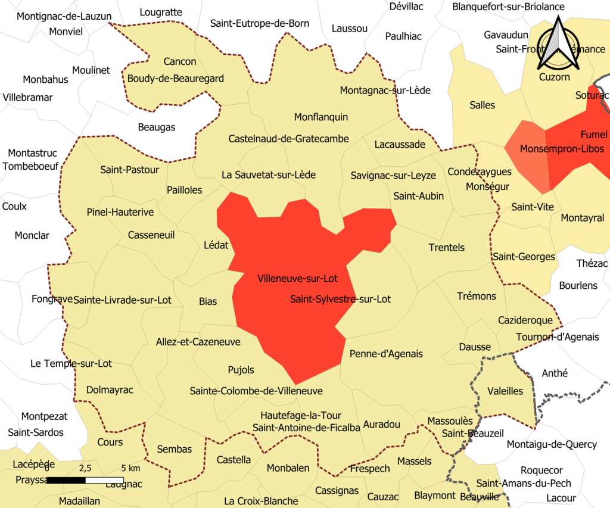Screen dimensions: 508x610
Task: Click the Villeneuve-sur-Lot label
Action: pyautogui.click(x=297, y=278)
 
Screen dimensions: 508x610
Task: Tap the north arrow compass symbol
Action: pyautogui.click(x=559, y=44)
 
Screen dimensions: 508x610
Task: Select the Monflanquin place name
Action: pyautogui.click(x=321, y=117)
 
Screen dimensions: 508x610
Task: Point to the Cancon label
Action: pyautogui.click(x=179, y=61)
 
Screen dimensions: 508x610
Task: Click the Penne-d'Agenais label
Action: pyautogui.click(x=386, y=354)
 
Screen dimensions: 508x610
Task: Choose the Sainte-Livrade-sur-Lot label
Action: pyautogui.click(x=122, y=300)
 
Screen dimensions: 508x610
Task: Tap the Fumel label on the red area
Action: pyautogui.click(x=594, y=134)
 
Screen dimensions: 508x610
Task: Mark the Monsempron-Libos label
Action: pyautogui.click(x=562, y=148)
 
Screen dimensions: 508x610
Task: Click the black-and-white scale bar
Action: pyautogui.click(x=85, y=480)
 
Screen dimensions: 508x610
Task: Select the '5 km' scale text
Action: pyautogui.click(x=130, y=468)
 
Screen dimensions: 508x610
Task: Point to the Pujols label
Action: pyautogui.click(x=241, y=370)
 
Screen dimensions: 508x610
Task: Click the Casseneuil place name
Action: pyautogui.click(x=151, y=235)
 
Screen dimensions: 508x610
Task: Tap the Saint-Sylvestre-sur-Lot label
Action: pyautogui.click(x=340, y=299)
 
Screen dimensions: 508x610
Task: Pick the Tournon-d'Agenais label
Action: pyautogui.click(x=558, y=337)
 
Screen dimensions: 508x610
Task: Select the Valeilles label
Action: pyautogui.click(x=505, y=391)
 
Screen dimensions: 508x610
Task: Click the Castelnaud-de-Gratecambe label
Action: pyautogui.click(x=288, y=139)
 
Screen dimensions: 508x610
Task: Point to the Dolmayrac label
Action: pyautogui.click(x=110, y=390)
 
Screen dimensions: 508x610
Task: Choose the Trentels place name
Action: pyautogui.click(x=446, y=247)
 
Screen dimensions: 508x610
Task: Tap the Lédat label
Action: pyautogui.click(x=216, y=245)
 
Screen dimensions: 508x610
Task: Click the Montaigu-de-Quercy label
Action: pyautogui.click(x=552, y=444)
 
